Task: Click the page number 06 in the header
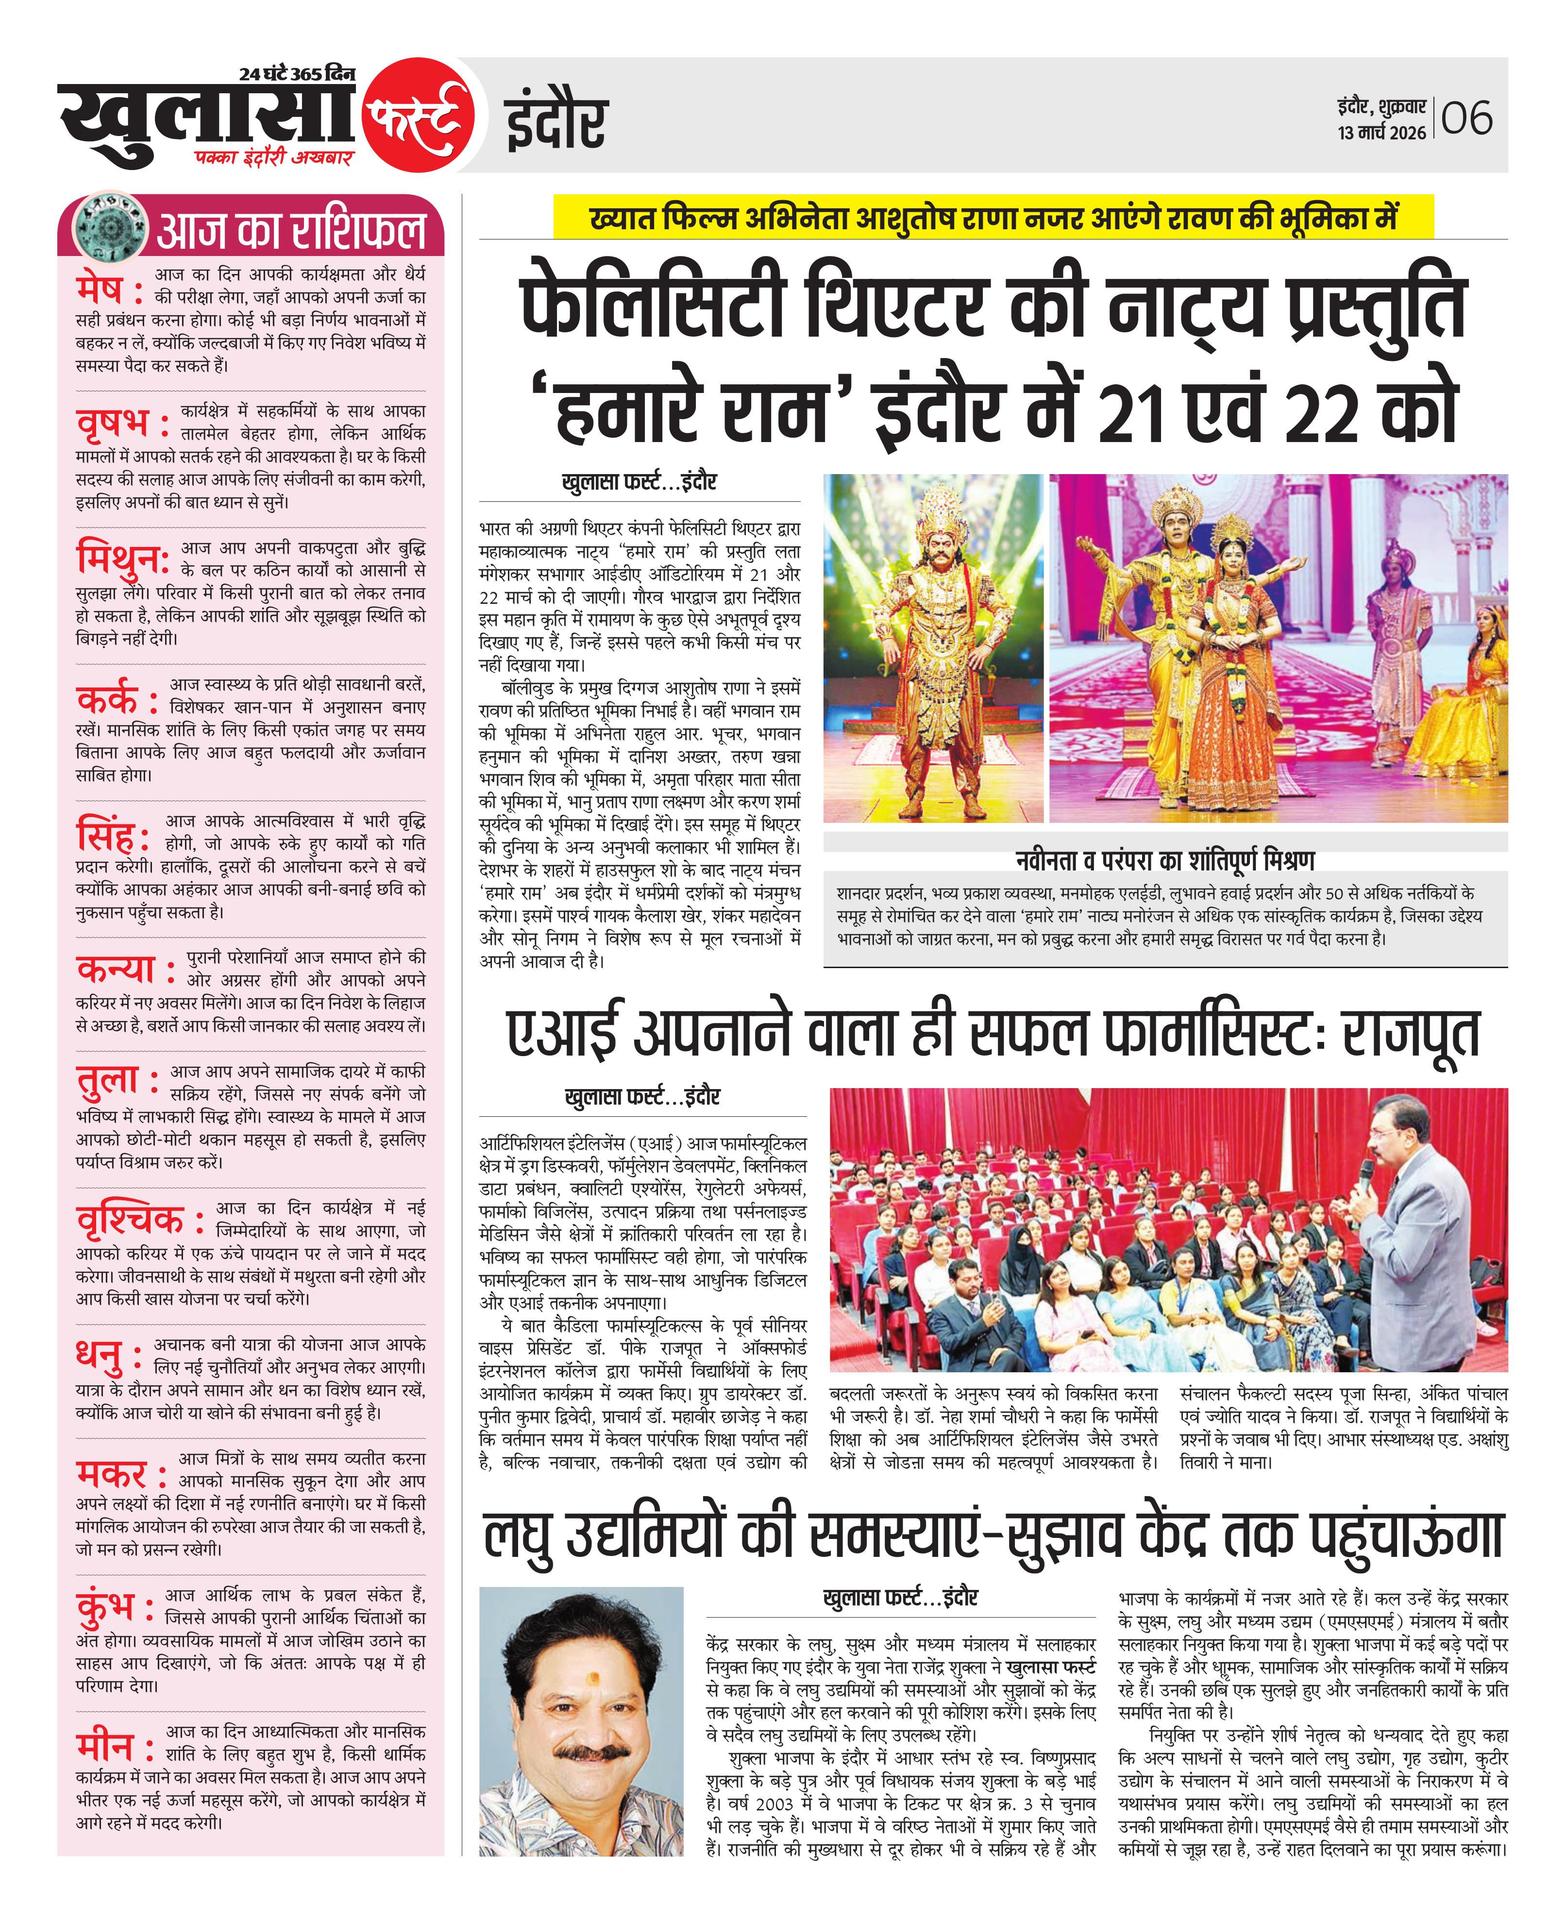[x=1467, y=119]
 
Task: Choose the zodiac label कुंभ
[x=105, y=1609]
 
